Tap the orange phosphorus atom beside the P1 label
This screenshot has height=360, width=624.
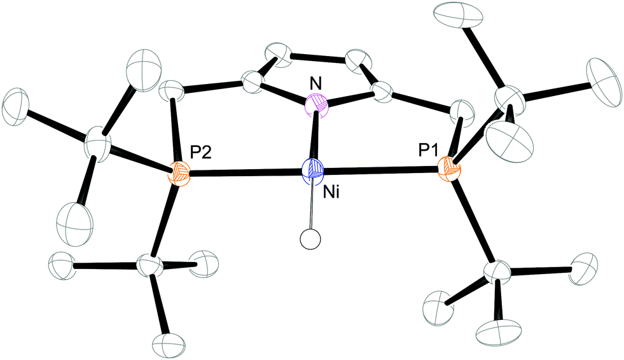coord(450,169)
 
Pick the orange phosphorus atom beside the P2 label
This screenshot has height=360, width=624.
coord(179,172)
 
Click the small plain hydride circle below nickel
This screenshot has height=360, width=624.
coord(309,241)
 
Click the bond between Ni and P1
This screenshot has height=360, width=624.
coord(382,170)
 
